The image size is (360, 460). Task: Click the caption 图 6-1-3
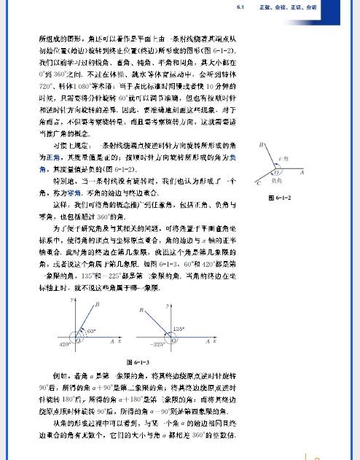[x=138, y=361]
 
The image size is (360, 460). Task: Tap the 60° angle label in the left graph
[x=92, y=331]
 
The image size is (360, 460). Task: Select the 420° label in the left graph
[x=64, y=343]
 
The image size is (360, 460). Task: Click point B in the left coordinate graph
[x=97, y=305]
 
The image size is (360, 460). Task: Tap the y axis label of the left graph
[x=73, y=299]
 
